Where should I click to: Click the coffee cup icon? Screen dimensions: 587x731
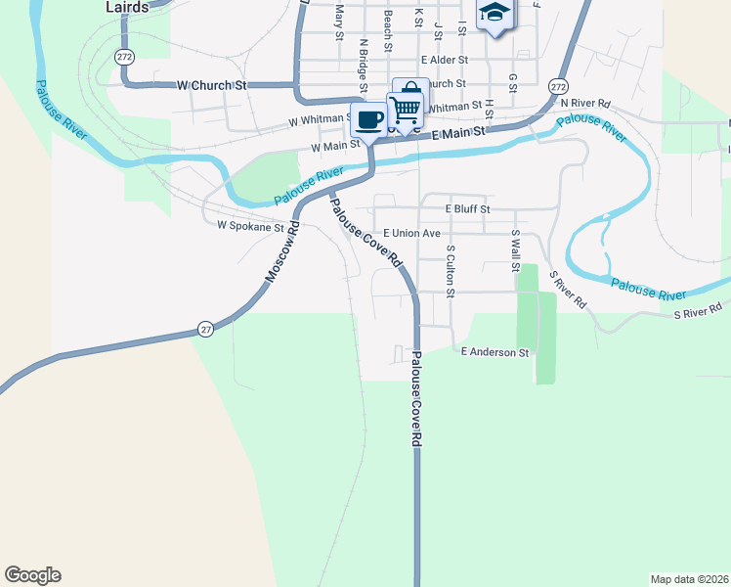[x=368, y=119]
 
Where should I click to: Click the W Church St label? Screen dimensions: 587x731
[x=210, y=85]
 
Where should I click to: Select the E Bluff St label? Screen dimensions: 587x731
[x=467, y=208]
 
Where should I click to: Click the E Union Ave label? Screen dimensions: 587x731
[x=411, y=234]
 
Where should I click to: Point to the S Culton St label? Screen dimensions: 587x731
[x=451, y=271]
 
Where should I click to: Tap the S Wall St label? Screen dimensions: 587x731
[x=514, y=252]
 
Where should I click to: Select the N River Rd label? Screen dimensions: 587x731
[x=585, y=103]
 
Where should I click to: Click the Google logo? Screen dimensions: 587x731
[x=32, y=575]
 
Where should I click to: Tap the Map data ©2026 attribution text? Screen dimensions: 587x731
[x=690, y=579]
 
